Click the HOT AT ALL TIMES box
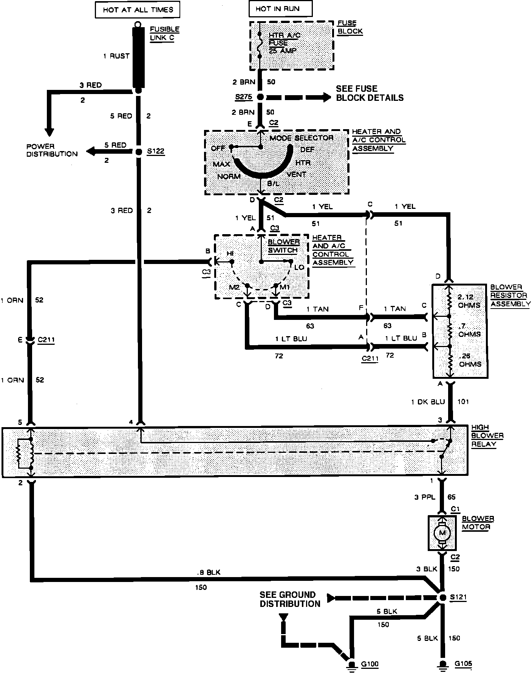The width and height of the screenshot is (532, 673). (x=138, y=9)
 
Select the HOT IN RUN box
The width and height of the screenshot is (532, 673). (x=280, y=9)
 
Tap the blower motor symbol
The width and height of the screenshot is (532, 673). (x=442, y=533)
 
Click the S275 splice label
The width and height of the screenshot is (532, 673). (x=243, y=97)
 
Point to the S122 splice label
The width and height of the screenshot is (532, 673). (x=156, y=152)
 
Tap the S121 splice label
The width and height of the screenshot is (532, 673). (x=458, y=597)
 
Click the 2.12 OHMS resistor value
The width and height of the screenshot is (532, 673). (x=469, y=301)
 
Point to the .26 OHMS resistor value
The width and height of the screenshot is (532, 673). (x=470, y=360)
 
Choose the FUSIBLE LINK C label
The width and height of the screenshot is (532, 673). (x=164, y=33)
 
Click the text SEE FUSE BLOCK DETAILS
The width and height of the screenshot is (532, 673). (x=370, y=93)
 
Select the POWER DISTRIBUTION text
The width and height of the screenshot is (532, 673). (x=52, y=150)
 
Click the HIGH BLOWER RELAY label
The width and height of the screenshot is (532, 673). (x=487, y=435)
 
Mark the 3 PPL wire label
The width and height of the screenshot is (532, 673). (x=425, y=497)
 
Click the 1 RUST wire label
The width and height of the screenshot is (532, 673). (x=116, y=56)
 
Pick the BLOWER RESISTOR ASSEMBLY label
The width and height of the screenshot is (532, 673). (x=510, y=295)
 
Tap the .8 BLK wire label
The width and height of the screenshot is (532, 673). (x=209, y=572)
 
